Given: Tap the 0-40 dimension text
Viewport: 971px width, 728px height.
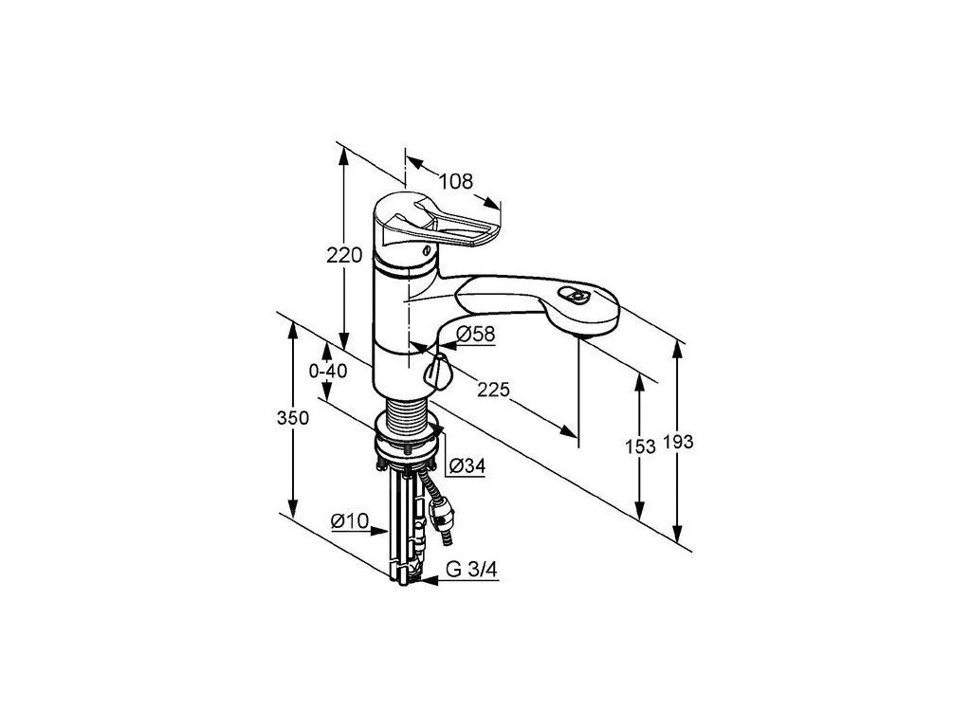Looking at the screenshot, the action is click(x=328, y=371).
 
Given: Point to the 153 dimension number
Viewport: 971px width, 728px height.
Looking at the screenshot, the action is click(x=642, y=446).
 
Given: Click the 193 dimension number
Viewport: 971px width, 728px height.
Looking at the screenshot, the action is click(x=679, y=444).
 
